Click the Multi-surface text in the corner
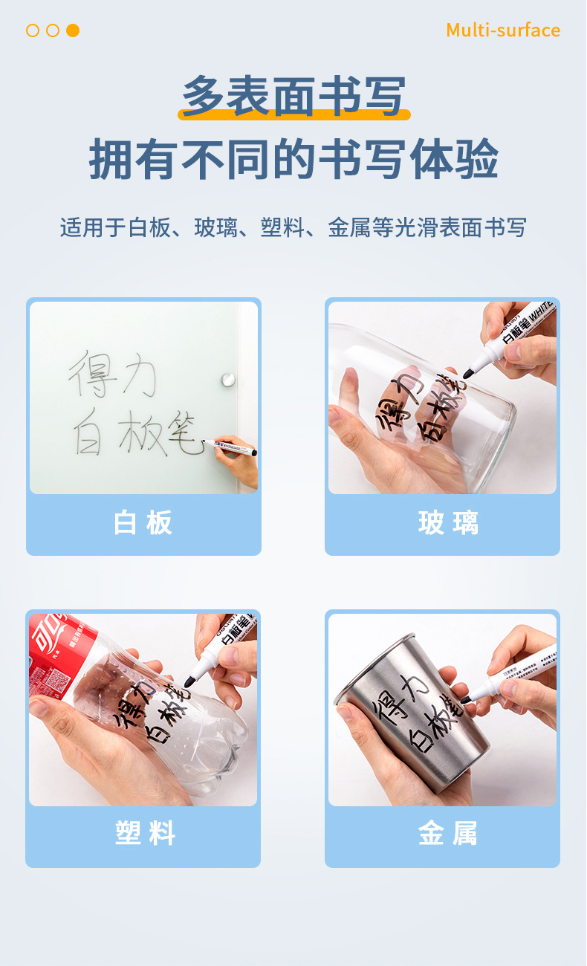[x=503, y=30]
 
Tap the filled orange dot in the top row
[x=73, y=30]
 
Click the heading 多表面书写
[x=293, y=97]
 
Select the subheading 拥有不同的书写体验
[x=293, y=158]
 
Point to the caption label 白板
[x=143, y=524]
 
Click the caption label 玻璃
[x=448, y=524]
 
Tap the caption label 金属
[x=448, y=834]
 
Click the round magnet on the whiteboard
[x=227, y=380]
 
